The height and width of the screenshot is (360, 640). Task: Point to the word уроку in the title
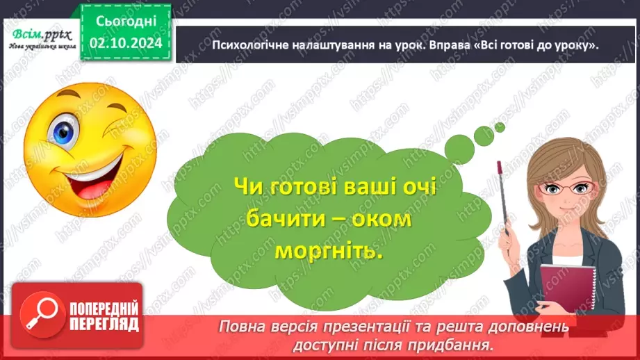coord(576,45)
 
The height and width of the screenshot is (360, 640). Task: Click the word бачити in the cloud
coord(285,221)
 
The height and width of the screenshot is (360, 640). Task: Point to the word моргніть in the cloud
coord(329,252)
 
